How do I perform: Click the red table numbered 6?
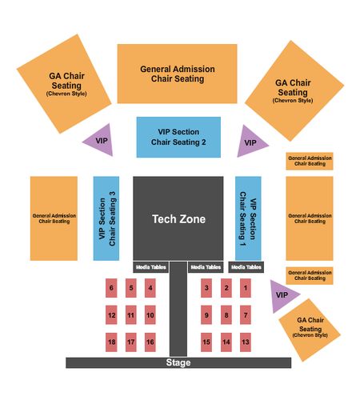coord(111,288)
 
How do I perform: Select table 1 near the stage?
coord(246,288)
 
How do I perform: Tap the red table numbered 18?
coord(111,342)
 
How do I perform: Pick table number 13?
coord(246,342)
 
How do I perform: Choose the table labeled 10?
coord(150,315)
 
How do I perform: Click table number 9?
coord(206,315)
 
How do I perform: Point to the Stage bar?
coord(178,363)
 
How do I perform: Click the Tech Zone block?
coord(178,218)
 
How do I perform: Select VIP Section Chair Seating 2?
coord(178,137)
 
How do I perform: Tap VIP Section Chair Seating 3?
coord(106,218)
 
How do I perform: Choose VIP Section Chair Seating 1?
coord(248,218)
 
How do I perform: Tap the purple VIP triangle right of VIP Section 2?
coord(249,142)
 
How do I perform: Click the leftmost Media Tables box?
coord(151,267)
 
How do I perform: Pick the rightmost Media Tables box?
coord(246,267)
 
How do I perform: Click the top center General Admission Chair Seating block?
coord(178,74)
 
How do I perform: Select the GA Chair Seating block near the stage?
coord(310,330)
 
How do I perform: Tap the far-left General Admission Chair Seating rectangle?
coord(54,218)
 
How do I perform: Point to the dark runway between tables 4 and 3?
coord(178,309)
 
